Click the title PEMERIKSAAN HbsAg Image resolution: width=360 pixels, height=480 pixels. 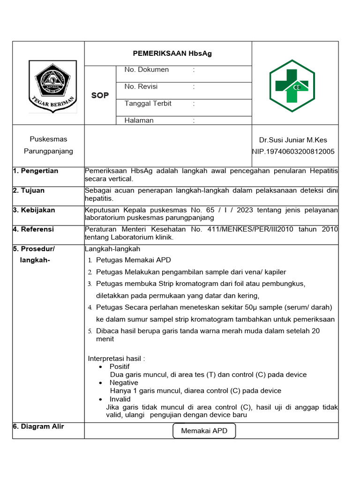[172, 53]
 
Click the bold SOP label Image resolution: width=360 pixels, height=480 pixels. [100, 95]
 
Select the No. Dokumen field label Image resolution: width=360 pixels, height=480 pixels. [146, 70]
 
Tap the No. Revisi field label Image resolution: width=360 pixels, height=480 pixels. [141, 87]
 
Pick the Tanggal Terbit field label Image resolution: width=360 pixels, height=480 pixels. [148, 104]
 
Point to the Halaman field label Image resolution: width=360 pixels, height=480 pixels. [139, 120]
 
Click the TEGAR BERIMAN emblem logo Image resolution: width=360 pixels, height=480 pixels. [52, 87]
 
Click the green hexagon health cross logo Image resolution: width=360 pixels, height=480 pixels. [292, 86]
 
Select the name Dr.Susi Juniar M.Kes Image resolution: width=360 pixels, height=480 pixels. [293, 140]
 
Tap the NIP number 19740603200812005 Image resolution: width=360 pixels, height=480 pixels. [293, 151]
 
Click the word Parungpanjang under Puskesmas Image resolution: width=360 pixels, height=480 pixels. [48, 151]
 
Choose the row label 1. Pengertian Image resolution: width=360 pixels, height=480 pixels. [36, 171]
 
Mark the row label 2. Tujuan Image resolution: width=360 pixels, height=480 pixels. [29, 191]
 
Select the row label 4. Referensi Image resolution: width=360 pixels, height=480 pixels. [33, 230]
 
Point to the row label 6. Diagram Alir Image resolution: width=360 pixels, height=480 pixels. [38, 427]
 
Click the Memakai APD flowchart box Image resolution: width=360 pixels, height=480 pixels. [204, 430]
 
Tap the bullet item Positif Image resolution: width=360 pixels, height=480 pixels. [120, 367]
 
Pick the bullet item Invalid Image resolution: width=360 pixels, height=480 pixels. [120, 399]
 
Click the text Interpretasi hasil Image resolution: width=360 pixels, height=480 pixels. [116, 359]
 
